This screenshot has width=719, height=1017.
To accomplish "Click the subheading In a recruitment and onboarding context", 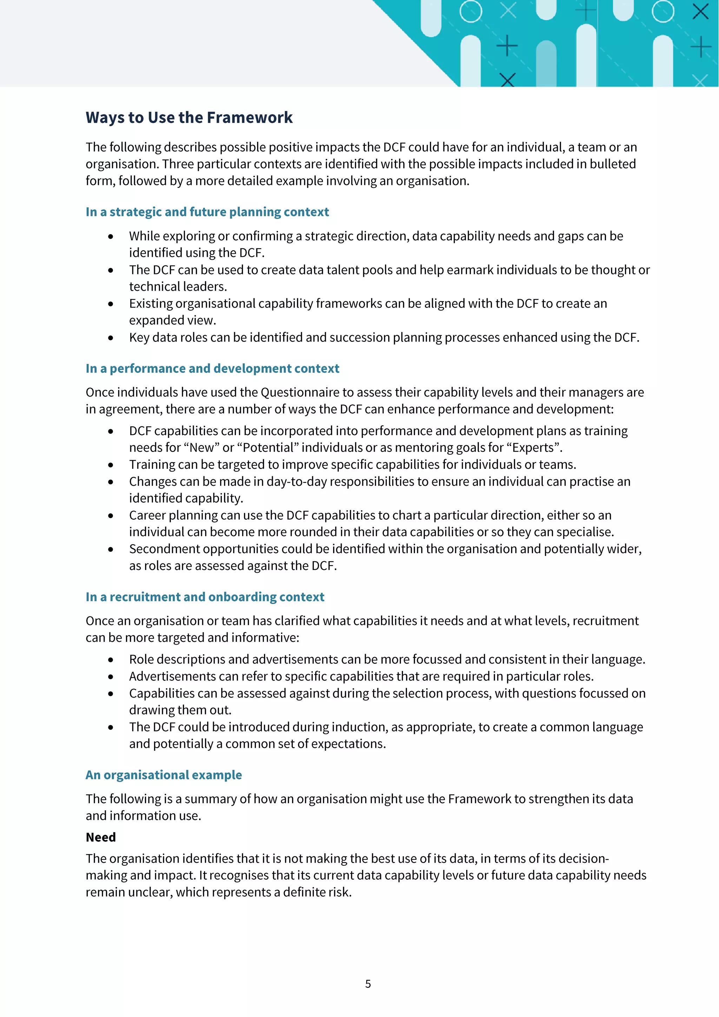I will [x=205, y=597].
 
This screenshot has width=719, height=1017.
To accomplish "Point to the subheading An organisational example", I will [x=164, y=775].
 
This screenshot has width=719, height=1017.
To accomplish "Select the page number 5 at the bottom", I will [x=368, y=984].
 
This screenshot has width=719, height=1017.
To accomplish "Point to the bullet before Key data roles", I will [x=110, y=338].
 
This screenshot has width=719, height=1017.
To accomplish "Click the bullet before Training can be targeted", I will [x=110, y=465].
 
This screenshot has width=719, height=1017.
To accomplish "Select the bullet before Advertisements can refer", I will [x=110, y=677].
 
